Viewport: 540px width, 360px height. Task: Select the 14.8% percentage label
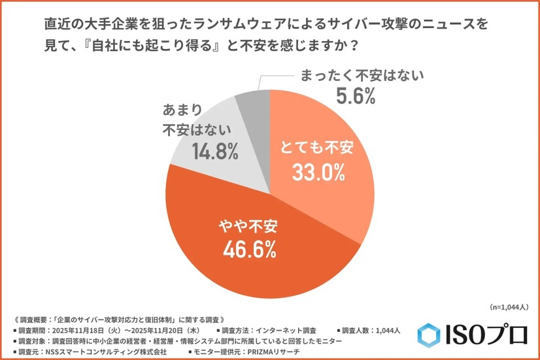point(214,152)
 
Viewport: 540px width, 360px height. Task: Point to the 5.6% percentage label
point(355,97)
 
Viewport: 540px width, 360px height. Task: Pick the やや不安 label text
point(248,226)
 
